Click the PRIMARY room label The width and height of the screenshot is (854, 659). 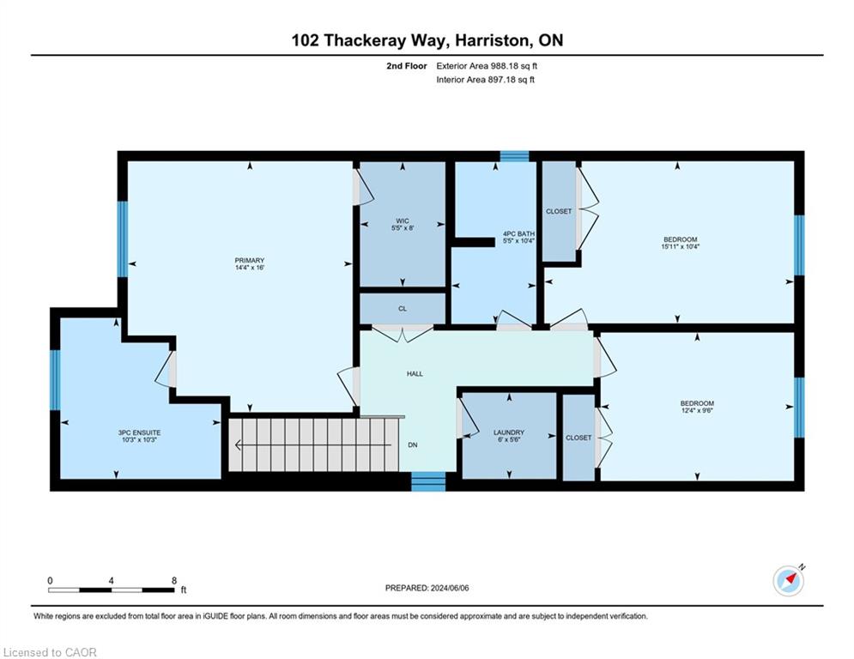click(x=250, y=260)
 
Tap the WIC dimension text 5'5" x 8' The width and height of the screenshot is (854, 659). click(x=403, y=228)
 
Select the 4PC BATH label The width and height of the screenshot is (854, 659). click(x=518, y=233)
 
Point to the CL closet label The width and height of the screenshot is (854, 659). click(x=403, y=309)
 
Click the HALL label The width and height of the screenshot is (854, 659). click(x=415, y=374)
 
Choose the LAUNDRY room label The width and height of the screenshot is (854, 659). click(x=509, y=432)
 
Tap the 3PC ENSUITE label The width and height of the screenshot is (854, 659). click(x=139, y=433)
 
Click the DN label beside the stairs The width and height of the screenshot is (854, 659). click(x=413, y=445)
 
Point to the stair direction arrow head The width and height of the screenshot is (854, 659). click(x=239, y=445)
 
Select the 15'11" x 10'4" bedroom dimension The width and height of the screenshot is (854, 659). click(x=681, y=246)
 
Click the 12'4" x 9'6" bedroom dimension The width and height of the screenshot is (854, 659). click(x=697, y=411)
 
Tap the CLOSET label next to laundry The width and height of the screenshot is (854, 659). click(x=578, y=438)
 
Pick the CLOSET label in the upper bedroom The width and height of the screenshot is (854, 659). click(x=559, y=211)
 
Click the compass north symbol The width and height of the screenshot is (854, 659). click(x=789, y=581)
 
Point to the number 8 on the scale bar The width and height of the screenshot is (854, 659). click(x=174, y=581)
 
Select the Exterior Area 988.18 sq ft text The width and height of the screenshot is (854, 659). click(x=487, y=66)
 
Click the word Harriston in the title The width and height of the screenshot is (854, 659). click(x=491, y=40)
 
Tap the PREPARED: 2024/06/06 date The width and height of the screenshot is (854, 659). click(x=427, y=588)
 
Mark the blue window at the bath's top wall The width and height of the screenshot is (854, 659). click(x=515, y=156)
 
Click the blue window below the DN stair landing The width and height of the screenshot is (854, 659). click(x=428, y=481)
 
